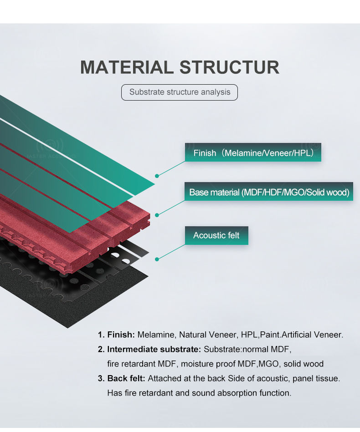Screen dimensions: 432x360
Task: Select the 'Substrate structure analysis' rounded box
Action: [180, 92]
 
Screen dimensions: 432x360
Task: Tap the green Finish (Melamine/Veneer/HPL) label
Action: [253, 153]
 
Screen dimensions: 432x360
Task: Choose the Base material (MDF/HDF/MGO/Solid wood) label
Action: [269, 192]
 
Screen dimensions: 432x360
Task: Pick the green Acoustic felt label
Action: [216, 235]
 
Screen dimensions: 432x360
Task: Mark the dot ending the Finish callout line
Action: [157, 175]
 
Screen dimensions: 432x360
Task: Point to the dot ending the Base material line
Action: [157, 214]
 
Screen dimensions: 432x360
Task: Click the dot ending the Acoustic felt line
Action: [157, 259]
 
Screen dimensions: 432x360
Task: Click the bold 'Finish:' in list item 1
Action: [121, 335]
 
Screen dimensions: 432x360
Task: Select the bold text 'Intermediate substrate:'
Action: [154, 349]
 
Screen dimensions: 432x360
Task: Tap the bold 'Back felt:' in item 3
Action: [126, 378]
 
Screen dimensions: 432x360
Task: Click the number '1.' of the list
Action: [101, 335]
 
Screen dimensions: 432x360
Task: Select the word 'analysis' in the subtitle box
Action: [216, 92]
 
